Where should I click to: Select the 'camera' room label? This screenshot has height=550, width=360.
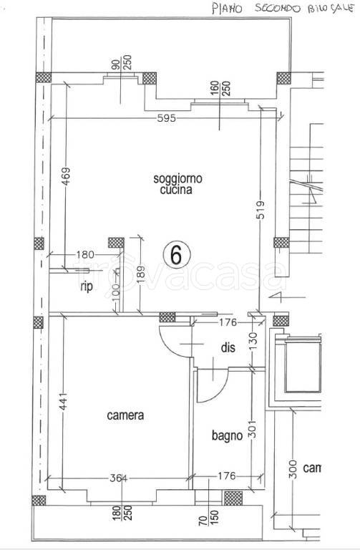click(126, 415)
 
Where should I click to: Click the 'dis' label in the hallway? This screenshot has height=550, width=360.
click(228, 348)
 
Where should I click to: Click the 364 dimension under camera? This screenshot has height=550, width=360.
click(125, 478)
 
